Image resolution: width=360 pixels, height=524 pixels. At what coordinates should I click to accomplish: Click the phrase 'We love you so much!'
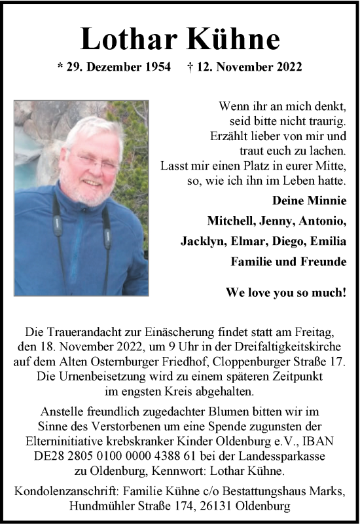(x=286, y=292)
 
